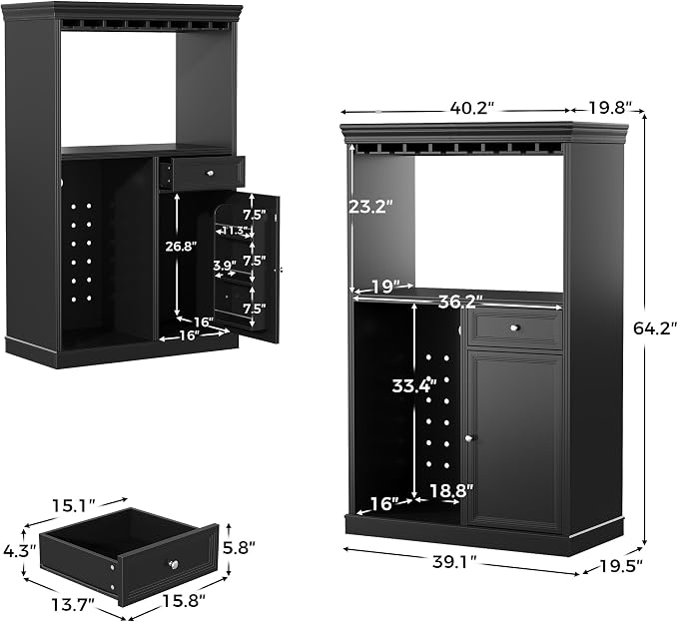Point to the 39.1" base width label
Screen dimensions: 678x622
point(454,562)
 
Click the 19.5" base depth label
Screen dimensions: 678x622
point(621,565)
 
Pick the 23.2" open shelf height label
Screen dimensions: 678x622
point(370,207)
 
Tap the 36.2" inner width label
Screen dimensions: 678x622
point(460,303)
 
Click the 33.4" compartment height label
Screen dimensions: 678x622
point(414,385)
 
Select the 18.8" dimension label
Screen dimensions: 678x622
point(451,490)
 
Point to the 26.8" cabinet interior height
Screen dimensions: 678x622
point(181,247)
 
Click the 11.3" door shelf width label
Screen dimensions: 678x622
point(235,231)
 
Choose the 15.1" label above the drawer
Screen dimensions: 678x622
point(73,504)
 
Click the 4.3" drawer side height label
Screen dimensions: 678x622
point(19,551)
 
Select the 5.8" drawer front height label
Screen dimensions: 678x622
point(241,548)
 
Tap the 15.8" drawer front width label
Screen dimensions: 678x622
point(184,600)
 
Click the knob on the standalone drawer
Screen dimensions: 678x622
point(174,564)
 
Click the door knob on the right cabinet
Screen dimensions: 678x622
point(469,438)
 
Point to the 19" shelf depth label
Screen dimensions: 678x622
point(384,287)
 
